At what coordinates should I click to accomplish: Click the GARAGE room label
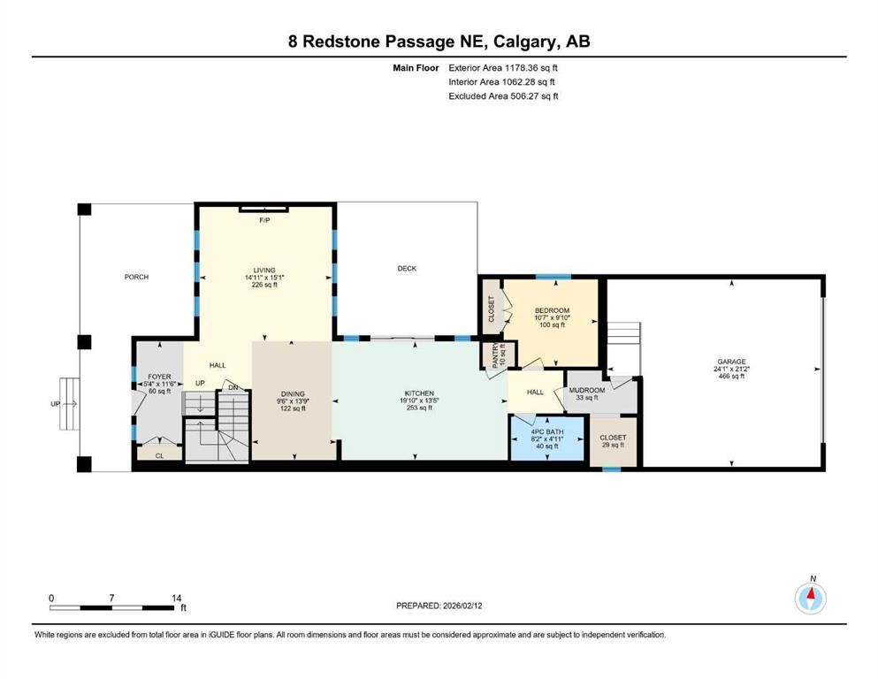click(x=731, y=362)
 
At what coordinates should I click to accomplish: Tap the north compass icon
click(x=810, y=599)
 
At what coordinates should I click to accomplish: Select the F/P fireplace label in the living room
click(x=263, y=219)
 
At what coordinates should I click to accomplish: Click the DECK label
click(x=407, y=269)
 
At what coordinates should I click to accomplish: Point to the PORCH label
click(x=136, y=278)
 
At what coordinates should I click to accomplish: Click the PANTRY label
click(x=496, y=355)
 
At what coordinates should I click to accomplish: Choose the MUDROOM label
click(x=586, y=390)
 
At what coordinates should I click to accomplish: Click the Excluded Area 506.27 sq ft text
click(x=504, y=96)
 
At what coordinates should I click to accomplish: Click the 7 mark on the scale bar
click(x=112, y=598)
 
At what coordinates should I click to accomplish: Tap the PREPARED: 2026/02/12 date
click(x=440, y=606)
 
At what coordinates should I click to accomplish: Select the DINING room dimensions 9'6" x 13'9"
click(x=293, y=401)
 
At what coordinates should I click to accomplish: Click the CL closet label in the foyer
click(x=160, y=456)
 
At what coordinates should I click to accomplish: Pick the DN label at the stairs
click(x=233, y=386)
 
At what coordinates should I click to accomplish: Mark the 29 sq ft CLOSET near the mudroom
click(x=613, y=441)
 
